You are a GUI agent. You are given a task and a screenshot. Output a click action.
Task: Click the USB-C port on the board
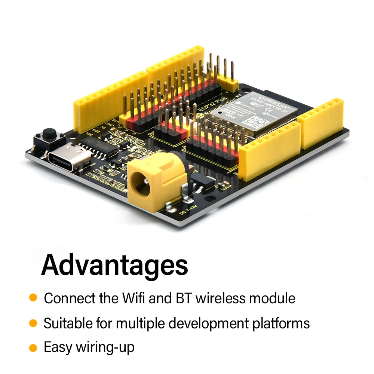coord(69,157)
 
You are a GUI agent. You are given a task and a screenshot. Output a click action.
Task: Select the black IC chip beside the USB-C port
coord(102,149)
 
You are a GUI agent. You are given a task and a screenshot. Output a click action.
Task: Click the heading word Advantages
coord(114,265)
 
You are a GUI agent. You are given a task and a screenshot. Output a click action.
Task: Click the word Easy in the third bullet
coord(58,347)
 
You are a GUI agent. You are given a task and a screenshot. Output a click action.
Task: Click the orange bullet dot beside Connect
coord(33,298)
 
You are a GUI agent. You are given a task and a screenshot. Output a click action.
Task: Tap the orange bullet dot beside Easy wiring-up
coord(33,347)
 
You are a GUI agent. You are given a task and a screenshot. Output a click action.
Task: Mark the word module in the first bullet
coord(272,298)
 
